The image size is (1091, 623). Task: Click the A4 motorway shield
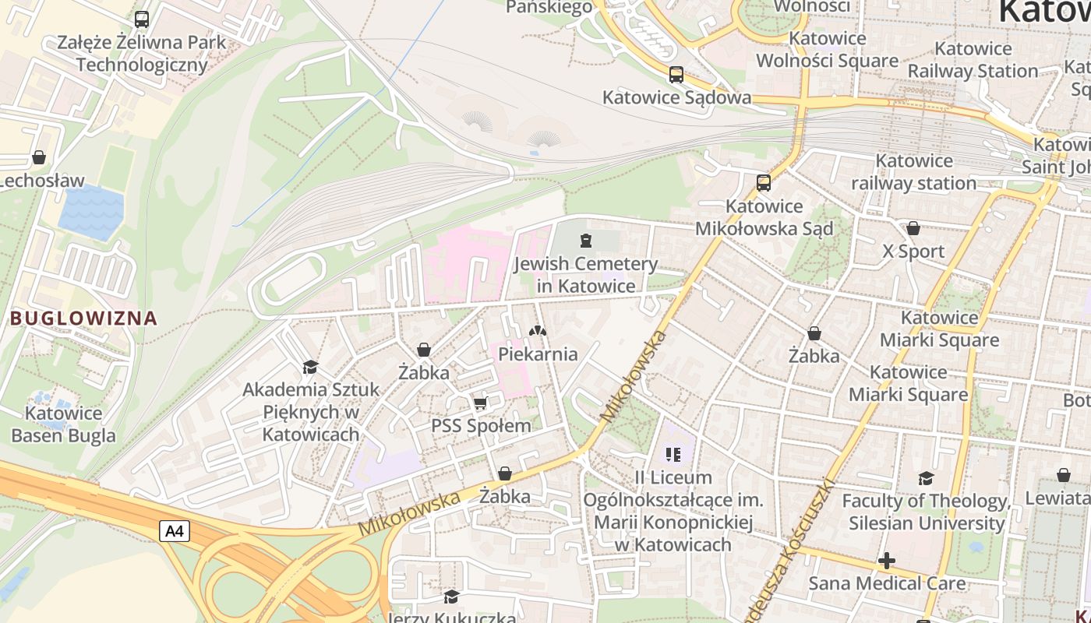(175, 532)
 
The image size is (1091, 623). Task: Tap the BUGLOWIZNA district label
(83, 318)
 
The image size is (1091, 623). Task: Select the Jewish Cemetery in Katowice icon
(586, 240)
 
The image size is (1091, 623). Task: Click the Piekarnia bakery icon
(538, 331)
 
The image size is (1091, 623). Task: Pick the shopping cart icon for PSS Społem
(481, 403)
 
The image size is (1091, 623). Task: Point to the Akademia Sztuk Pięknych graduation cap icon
(310, 367)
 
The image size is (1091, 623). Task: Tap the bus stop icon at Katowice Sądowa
(676, 75)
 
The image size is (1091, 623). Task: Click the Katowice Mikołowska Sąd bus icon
(764, 183)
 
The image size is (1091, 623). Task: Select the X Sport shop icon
(913, 228)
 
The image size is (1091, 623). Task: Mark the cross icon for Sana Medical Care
(886, 561)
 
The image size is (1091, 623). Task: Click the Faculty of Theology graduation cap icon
(926, 478)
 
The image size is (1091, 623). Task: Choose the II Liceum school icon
(673, 454)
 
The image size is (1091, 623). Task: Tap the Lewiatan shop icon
(1063, 475)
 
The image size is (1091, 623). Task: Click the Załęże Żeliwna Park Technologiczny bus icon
(142, 19)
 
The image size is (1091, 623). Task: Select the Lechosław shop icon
(39, 158)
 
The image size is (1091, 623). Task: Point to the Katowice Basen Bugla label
(63, 424)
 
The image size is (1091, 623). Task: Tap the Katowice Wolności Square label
(827, 50)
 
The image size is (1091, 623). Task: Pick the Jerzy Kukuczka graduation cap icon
(451, 597)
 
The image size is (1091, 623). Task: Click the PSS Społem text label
(481, 426)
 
